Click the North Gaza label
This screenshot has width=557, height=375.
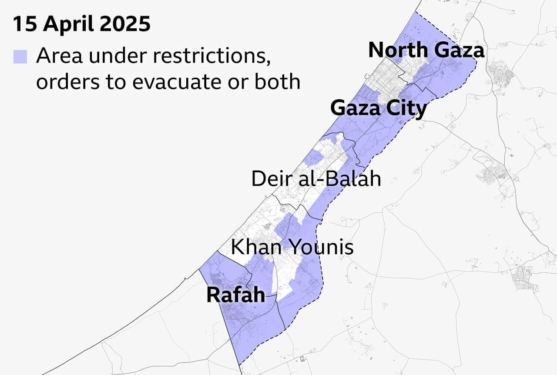click(x=426, y=50)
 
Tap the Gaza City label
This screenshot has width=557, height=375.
click(x=378, y=108)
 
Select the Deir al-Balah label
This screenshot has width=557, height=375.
click(x=316, y=179)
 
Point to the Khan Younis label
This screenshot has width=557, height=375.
click(x=292, y=248)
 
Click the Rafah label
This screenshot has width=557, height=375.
click(x=235, y=295)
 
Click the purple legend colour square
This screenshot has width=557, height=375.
click(x=20, y=57)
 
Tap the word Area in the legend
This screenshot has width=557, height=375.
click(x=58, y=56)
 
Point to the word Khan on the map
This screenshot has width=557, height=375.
click(x=256, y=248)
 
